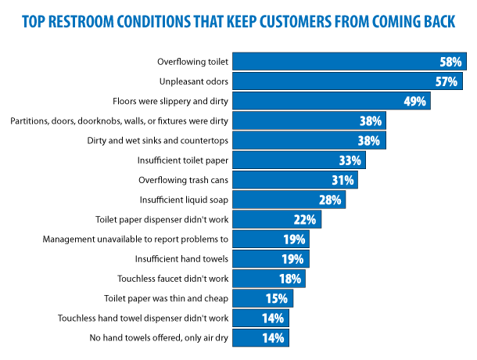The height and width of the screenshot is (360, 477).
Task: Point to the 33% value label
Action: (350, 160)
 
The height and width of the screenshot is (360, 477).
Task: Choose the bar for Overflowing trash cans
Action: (296, 180)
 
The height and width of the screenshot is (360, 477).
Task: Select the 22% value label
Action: (305, 220)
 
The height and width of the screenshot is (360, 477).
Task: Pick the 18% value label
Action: (290, 279)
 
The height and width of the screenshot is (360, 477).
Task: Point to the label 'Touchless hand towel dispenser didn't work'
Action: (143, 319)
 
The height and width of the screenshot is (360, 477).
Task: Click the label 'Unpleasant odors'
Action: (192, 81)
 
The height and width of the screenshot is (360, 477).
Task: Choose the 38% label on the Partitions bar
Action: (370, 121)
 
